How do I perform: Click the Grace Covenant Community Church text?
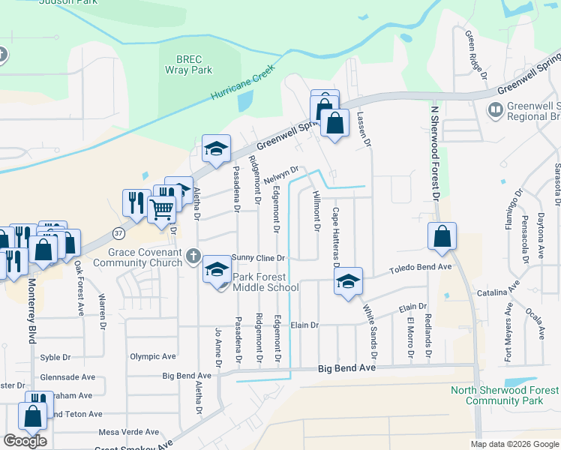click(x=137, y=258)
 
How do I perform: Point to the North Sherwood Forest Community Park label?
click(x=504, y=395)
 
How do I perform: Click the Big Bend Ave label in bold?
click(x=345, y=369)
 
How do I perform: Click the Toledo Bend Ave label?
click(x=419, y=267)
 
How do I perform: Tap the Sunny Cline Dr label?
click(x=259, y=257)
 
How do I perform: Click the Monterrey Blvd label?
click(x=31, y=311)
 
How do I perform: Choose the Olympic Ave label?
click(x=152, y=357)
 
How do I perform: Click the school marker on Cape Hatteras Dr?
click(x=348, y=282)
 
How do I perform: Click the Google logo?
click(x=25, y=441)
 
